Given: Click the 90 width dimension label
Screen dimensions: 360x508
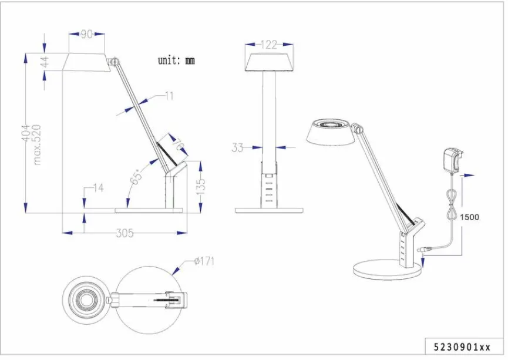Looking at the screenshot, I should point(87,35).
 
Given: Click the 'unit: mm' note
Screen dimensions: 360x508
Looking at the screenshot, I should point(176,60).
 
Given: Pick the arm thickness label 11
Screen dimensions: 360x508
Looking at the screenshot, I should point(169,96).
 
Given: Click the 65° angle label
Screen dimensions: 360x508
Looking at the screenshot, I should point(136,175).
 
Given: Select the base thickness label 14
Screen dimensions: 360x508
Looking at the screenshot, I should point(97,189).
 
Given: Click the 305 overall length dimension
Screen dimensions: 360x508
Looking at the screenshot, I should point(123,234).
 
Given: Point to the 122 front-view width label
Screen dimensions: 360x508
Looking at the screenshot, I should point(268,45).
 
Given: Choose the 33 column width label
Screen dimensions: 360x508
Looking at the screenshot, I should point(237,148).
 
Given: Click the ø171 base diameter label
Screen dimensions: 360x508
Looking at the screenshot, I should point(204,261).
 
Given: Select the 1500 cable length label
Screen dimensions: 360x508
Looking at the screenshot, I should point(469,217).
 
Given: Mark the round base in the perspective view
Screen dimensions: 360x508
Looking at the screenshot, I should point(388,270).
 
